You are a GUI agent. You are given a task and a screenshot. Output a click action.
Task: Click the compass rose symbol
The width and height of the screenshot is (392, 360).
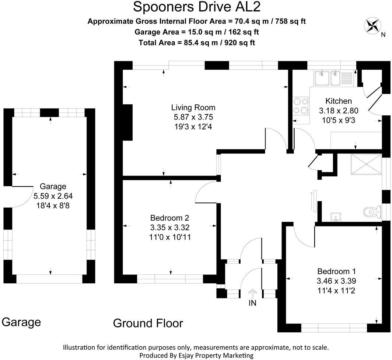pos(372,25)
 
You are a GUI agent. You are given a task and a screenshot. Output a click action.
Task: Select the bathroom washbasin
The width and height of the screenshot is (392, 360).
pos(336,217)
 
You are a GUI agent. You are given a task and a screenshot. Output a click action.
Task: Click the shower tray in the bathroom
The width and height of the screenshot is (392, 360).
pos(366,165)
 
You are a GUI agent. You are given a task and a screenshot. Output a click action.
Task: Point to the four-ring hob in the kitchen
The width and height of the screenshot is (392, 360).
pos(301,105)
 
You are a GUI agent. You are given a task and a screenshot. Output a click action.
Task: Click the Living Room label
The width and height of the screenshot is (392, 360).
pos(193,107)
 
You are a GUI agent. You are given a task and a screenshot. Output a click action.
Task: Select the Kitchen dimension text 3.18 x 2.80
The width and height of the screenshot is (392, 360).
pos(339,111)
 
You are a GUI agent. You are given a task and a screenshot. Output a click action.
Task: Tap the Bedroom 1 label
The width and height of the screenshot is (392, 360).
pos(336,271)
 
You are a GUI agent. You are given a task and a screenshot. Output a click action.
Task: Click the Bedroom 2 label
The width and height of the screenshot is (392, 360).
pos(169,218)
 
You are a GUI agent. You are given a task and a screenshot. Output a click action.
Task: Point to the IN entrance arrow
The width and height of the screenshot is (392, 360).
pos(252,293)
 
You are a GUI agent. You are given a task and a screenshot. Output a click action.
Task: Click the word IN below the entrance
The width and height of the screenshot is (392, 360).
pos(252,303)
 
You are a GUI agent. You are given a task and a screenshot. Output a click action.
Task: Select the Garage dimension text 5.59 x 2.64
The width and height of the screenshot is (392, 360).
pos(53,196)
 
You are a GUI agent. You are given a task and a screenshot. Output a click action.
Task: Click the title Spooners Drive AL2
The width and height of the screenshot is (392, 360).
pos(196,7)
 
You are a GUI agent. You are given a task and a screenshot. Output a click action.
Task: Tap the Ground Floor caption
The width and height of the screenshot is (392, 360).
pos(148,323)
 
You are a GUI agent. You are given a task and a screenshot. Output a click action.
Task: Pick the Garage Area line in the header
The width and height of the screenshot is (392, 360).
pos(196,32)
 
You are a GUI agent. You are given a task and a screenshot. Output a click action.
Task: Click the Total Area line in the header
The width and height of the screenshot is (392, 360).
pos(196,43)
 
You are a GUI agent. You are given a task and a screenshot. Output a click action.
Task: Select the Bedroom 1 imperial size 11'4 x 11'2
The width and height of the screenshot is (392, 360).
pos(336,291)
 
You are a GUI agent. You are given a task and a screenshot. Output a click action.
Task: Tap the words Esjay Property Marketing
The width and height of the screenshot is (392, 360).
pos(224,355)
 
